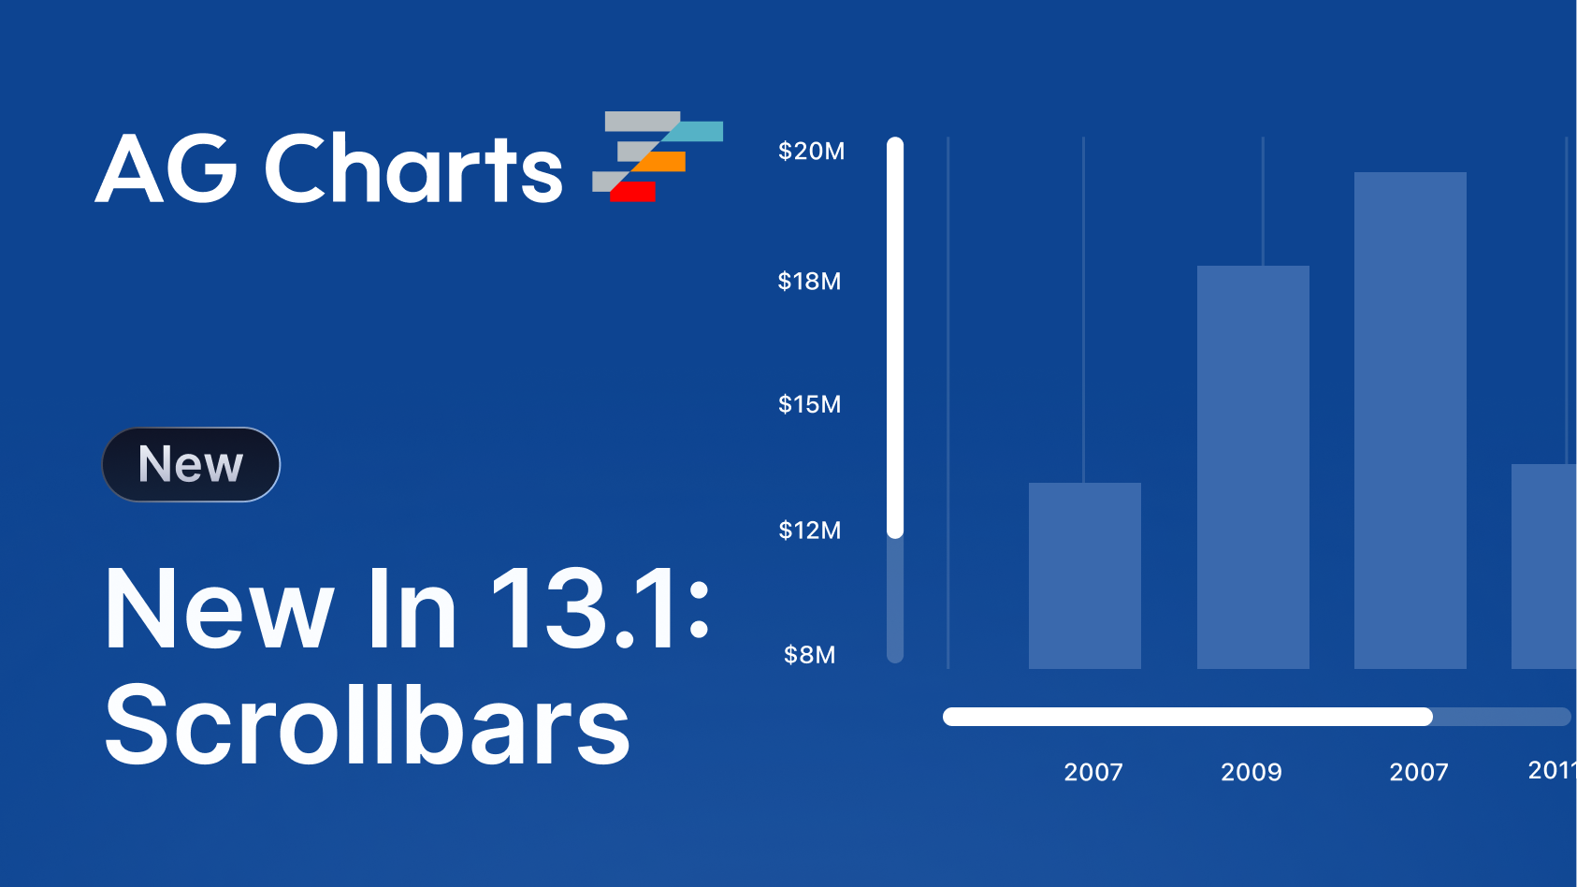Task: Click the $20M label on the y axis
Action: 811,151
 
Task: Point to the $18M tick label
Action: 809,281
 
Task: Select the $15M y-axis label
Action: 809,404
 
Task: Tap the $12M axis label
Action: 809,530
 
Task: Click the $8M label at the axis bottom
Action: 809,655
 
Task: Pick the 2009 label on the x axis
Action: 1251,772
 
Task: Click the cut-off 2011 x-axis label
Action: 1552,770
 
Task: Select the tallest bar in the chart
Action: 1411,420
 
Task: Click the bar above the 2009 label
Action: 1253,468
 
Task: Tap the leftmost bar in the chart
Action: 1085,575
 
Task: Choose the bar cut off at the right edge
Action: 1544,567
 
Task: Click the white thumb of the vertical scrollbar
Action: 895,338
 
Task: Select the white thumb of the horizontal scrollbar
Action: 1188,717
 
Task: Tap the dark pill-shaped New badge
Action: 191,465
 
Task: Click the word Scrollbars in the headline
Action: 367,725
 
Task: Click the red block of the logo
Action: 632,192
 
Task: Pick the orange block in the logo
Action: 658,162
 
